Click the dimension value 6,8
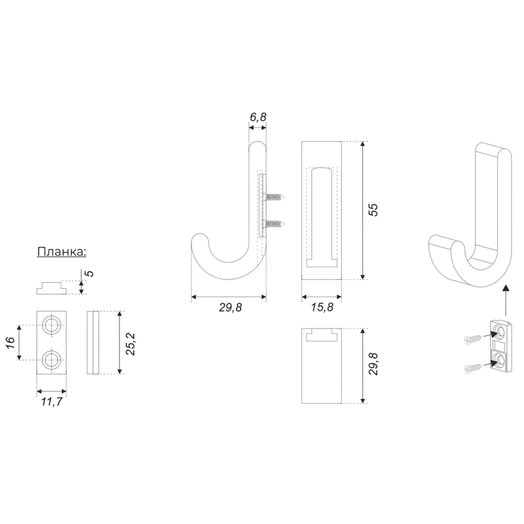pyautogui.click(x=258, y=117)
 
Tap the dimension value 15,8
pyautogui.click(x=322, y=308)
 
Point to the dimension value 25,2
pyautogui.click(x=130, y=344)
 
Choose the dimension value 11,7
pyautogui.click(x=52, y=402)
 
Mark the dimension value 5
pyautogui.click(x=90, y=274)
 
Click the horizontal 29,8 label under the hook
pyautogui.click(x=230, y=308)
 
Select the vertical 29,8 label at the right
pyautogui.click(x=374, y=364)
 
